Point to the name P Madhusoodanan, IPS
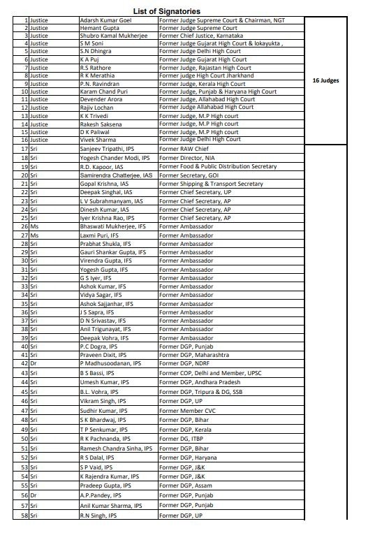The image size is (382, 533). click(110, 363)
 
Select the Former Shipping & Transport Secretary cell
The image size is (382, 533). click(212, 184)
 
